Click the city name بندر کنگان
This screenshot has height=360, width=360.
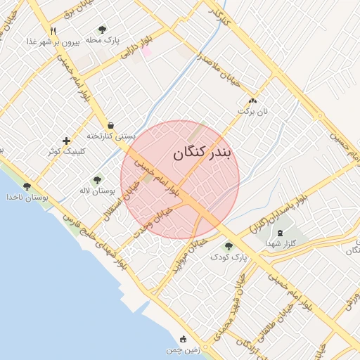click(201, 152)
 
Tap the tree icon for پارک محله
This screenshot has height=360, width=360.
click(103, 30)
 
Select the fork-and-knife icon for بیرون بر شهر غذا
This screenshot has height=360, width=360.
click(53, 31)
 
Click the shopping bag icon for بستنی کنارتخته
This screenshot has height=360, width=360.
click(110, 125)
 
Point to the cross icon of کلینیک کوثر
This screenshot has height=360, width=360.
click(66, 141)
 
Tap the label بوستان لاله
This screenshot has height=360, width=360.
click(97, 191)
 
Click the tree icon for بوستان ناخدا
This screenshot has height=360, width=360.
click(27, 186)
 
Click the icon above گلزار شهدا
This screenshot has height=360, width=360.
click(281, 233)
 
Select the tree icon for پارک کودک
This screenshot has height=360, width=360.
click(228, 246)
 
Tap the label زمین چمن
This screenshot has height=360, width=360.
click(184, 349)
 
